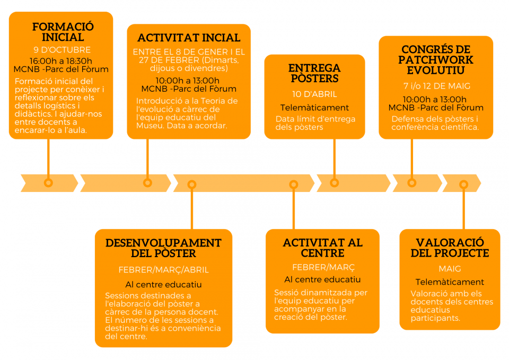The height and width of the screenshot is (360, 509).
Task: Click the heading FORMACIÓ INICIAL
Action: pyautogui.click(x=63, y=32)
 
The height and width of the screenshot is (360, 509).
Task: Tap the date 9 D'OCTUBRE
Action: pyautogui.click(x=62, y=50)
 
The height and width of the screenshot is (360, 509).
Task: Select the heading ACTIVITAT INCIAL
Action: pyautogui.click(x=189, y=38)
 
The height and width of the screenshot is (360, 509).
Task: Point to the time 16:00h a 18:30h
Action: pyautogui.click(x=60, y=61)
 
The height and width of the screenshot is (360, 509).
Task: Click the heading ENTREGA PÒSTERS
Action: pyautogui.click(x=314, y=73)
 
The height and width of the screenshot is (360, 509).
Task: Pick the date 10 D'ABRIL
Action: pyautogui.click(x=314, y=94)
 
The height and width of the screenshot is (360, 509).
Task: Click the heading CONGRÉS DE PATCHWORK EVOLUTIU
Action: pyautogui.click(x=436, y=60)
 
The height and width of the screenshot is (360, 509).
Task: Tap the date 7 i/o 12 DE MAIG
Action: pyautogui.click(x=436, y=86)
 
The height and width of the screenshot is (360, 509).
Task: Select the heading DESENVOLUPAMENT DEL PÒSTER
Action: pyautogui.click(x=163, y=248)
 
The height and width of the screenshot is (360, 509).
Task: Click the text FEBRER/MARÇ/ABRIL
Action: pyautogui.click(x=164, y=270)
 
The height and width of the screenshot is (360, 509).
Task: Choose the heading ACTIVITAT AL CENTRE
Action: pyautogui.click(x=323, y=248)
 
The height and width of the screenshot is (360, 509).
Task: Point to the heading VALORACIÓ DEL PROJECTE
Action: pyautogui.click(x=450, y=248)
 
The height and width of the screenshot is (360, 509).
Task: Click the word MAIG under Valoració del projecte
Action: pyautogui.click(x=450, y=269)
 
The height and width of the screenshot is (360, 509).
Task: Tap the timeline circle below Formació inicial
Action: pyautogui.click(x=48, y=183)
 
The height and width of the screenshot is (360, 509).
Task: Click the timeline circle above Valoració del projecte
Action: pyautogui.click(x=463, y=185)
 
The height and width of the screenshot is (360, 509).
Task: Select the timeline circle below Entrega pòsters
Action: pyautogui.click(x=335, y=183)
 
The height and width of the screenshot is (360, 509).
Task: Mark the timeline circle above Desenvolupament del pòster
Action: pyautogui.click(x=192, y=185)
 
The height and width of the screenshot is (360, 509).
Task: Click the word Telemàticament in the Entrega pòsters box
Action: pyautogui.click(x=314, y=108)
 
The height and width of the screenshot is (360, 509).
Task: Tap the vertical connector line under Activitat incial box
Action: pyautogui.click(x=147, y=159)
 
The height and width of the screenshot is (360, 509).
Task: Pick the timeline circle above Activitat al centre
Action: pyautogui.click(x=293, y=185)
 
